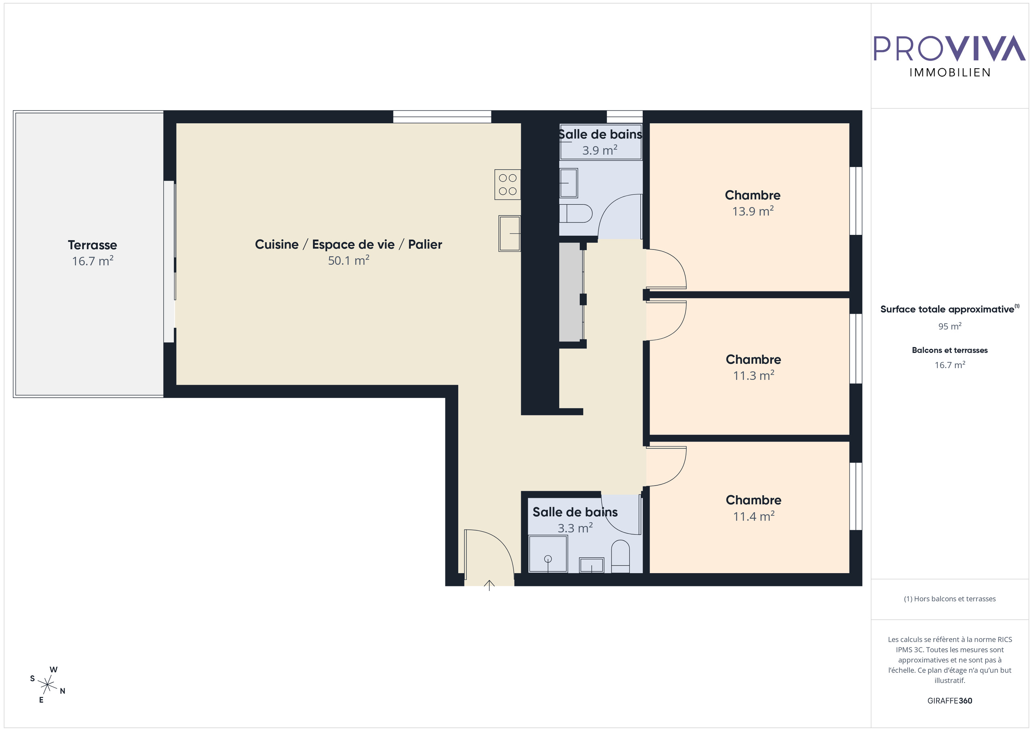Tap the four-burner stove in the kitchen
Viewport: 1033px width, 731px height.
508,184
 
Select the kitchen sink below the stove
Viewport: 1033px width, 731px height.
510,234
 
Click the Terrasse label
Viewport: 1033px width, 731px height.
92,245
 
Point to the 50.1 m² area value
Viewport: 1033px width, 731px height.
349,260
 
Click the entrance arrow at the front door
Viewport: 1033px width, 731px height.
489,585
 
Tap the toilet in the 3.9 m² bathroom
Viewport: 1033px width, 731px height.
576,214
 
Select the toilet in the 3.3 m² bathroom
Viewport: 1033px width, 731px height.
621,556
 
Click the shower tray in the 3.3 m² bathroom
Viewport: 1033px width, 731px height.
548,554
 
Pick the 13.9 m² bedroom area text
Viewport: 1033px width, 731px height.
753,211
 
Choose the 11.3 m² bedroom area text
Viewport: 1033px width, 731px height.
754,375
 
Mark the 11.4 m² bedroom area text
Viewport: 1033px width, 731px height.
754,516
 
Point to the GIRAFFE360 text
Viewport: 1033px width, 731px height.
950,701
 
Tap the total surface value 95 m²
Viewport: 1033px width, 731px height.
950,326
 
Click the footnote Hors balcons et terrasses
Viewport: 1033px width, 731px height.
950,599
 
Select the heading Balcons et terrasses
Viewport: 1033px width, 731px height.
950,350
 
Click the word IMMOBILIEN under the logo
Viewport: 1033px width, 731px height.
950,73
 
